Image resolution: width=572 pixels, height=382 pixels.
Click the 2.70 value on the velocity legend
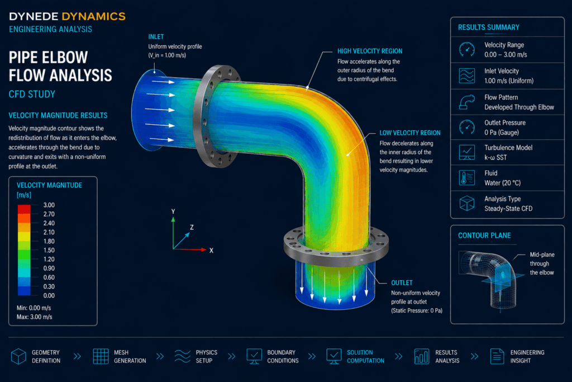[x=49, y=214]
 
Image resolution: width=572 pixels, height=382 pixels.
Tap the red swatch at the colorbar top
[x=24, y=209]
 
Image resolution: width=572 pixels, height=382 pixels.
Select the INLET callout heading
[x=156, y=37]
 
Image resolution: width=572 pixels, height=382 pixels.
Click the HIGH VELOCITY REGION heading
[x=370, y=51]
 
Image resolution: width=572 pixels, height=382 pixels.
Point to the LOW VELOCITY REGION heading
[x=409, y=133]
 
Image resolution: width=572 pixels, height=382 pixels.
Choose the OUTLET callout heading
[x=402, y=282]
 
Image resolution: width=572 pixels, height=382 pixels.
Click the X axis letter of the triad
[x=211, y=251]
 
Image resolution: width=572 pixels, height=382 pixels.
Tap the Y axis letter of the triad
[x=173, y=211]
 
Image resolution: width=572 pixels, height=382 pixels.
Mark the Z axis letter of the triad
[x=192, y=227]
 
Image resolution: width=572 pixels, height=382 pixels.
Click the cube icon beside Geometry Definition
[x=18, y=356]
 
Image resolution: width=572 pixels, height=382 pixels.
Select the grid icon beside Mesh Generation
[x=101, y=356]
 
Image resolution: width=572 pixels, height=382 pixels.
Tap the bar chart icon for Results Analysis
[x=421, y=356]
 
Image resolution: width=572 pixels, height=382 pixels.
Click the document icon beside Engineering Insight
[x=497, y=356]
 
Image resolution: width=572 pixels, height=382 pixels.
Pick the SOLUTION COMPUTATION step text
[x=365, y=356]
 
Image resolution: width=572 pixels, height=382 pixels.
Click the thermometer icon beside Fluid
[x=467, y=178]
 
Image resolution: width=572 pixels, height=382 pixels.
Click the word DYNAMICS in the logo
[x=93, y=16]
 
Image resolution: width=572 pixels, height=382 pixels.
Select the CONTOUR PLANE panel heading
[x=484, y=235]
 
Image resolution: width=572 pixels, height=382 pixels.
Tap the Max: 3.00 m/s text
[x=34, y=317]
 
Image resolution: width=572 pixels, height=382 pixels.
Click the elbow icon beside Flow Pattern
[x=467, y=102]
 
